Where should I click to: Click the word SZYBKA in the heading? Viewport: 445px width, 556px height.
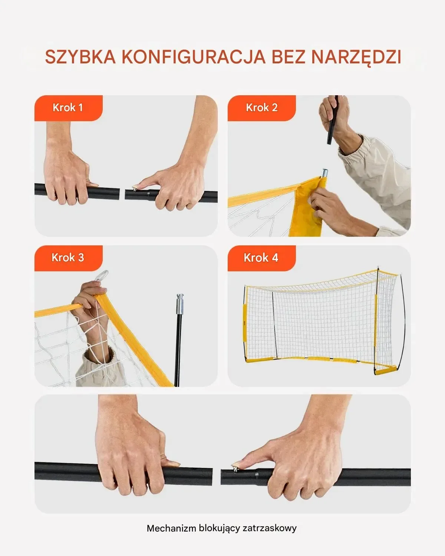80,56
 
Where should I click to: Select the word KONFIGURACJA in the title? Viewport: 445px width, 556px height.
194,56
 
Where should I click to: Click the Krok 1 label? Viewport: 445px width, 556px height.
68,107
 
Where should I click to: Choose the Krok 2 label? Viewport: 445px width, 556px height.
262,107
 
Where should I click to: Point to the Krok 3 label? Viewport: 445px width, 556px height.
68,258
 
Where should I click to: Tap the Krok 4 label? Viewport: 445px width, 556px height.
261,258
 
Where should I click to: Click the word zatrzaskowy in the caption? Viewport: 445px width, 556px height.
270,529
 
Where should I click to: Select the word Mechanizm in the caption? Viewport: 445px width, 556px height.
171,528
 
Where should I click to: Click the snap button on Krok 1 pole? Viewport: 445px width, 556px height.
135,189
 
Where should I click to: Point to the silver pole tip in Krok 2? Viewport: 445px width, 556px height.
324,173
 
